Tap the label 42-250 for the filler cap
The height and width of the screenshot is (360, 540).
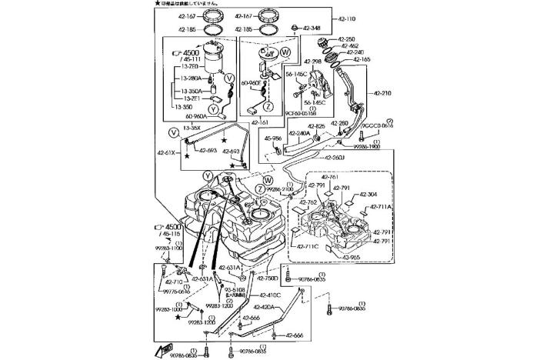point(346,38)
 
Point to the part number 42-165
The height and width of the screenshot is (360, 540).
point(362,59)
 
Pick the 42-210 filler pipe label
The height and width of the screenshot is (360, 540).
point(383,93)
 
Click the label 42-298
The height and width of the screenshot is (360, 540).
point(312,62)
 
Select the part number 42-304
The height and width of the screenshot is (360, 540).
point(368,194)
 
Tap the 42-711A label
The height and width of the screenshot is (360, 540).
point(382,207)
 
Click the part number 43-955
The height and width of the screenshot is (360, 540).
point(351,258)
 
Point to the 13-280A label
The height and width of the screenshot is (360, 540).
point(192,78)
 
